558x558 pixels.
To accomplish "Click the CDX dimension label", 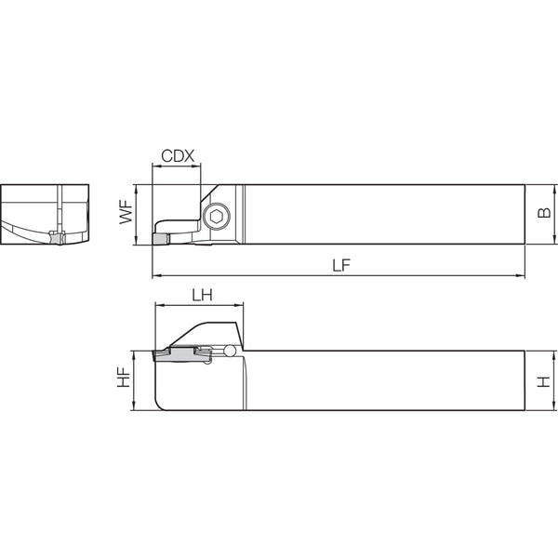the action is coord(178,156).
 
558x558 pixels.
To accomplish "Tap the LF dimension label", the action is coord(341,265).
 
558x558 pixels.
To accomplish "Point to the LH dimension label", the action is coord(202,295).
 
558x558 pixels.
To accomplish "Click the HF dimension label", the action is coord(125,378).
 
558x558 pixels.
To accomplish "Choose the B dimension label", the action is coord(544,213).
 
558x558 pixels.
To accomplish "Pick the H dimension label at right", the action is coord(544,381).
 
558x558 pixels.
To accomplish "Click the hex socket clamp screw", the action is coord(217,216).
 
